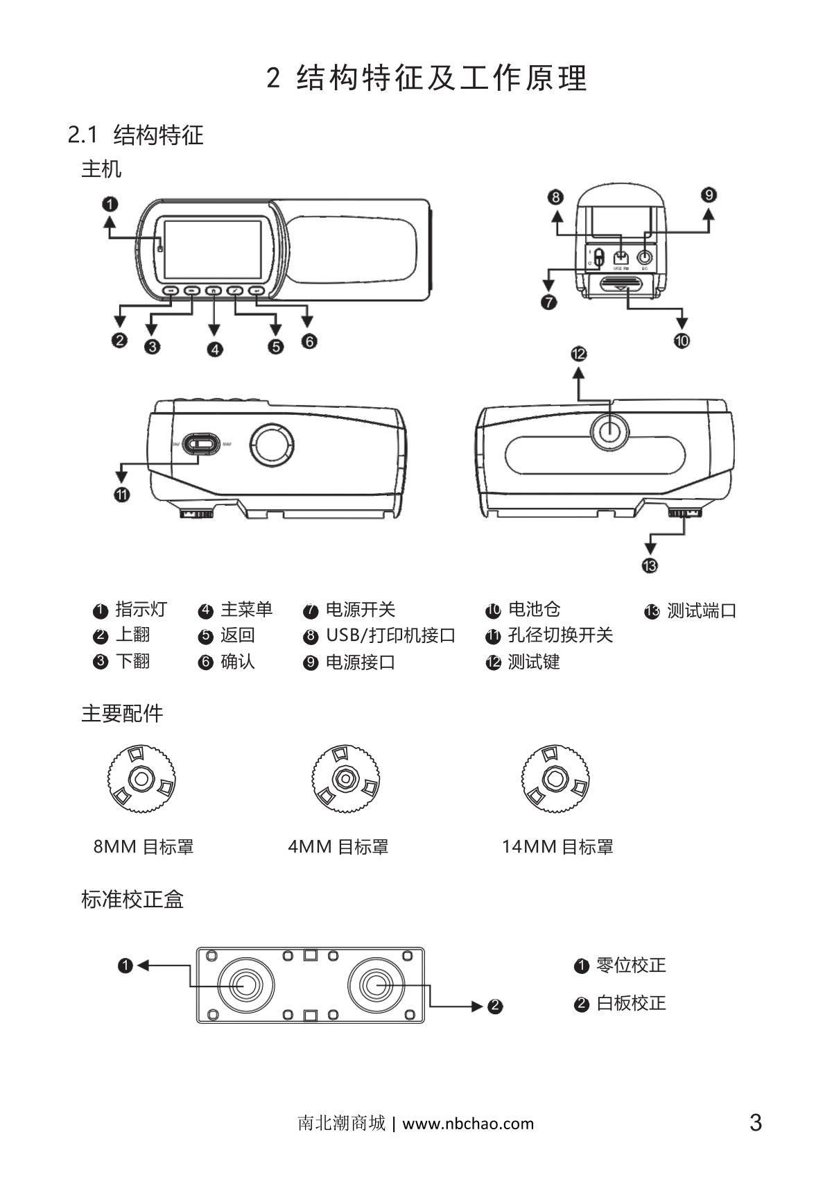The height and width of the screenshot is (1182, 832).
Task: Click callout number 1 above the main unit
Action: point(110,204)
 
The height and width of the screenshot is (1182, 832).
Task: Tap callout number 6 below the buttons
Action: point(309,341)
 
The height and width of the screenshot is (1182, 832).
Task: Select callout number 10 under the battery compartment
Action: point(682,340)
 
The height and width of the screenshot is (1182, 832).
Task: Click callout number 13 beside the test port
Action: point(650,565)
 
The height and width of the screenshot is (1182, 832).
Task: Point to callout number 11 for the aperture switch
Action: point(121,494)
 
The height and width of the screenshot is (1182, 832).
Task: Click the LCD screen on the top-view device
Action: point(212,250)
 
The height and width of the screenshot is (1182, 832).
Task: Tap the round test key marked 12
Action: point(609,431)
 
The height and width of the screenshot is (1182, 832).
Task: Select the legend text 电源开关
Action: point(360,610)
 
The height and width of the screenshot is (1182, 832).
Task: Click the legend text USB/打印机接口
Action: point(390,635)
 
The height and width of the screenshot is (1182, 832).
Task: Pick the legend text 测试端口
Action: point(701,611)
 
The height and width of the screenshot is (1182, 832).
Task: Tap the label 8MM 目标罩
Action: point(144,846)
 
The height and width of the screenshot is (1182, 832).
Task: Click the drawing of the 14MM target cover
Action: point(555,778)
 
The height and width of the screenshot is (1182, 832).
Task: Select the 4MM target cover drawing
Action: point(345,778)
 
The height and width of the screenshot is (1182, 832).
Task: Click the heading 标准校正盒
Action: point(132,900)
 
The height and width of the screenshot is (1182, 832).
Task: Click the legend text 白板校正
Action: point(630,1003)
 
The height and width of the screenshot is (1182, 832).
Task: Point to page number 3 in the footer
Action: point(756,1122)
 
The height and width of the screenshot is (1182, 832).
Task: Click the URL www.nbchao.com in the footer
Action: point(468,1123)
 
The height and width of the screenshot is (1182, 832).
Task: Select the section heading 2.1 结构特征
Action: point(136,135)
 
